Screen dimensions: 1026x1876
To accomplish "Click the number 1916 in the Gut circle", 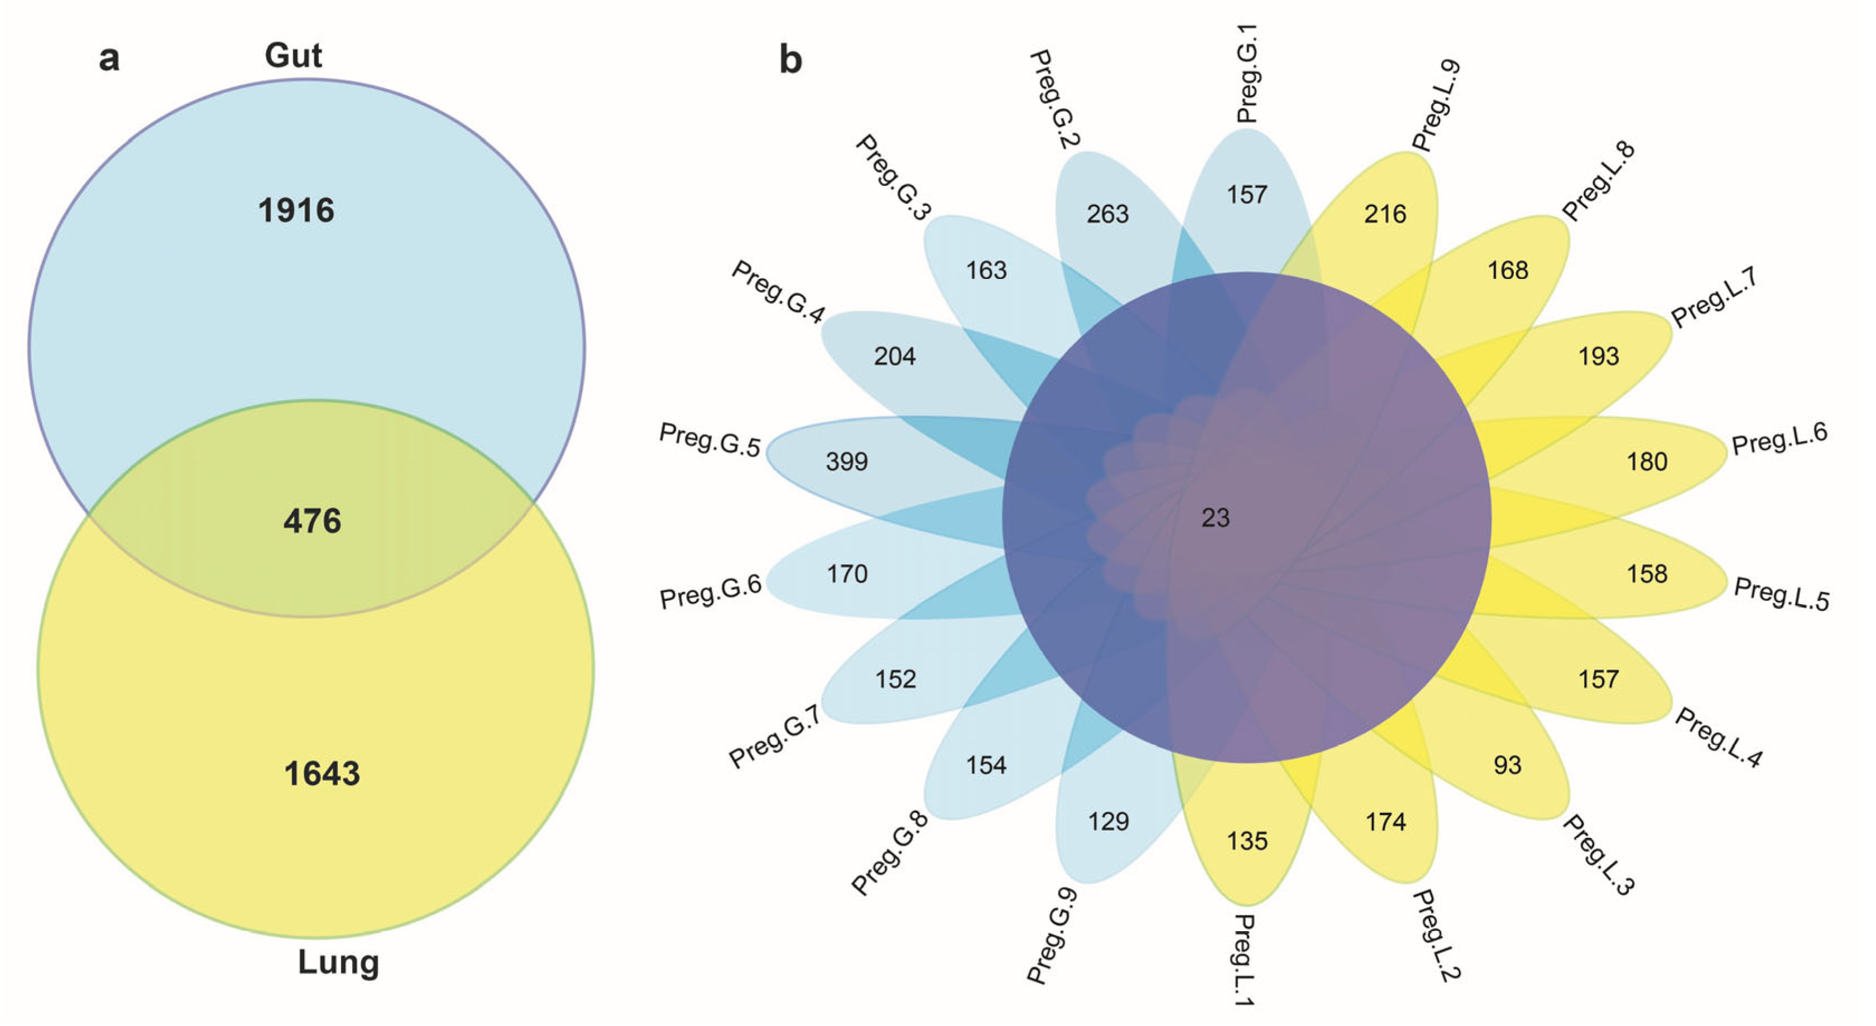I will click(x=296, y=210).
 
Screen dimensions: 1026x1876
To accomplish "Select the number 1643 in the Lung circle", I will click(x=322, y=773).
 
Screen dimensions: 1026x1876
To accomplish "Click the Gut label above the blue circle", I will click(x=293, y=55).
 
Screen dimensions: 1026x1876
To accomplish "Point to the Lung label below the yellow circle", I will click(x=339, y=962).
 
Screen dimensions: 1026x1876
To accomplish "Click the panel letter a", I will click(x=109, y=58).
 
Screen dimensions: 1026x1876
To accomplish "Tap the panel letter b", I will click(x=791, y=58).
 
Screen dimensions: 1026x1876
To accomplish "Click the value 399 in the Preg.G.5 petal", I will click(x=847, y=461).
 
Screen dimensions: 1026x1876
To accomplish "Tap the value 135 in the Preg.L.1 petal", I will click(x=1248, y=841).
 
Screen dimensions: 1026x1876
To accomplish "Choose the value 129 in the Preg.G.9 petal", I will click(x=1109, y=821).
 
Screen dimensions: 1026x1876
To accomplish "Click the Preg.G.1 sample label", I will click(x=1247, y=73).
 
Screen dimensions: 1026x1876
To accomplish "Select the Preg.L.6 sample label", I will click(x=1779, y=439).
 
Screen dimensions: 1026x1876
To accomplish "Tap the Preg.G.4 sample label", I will click(x=778, y=291).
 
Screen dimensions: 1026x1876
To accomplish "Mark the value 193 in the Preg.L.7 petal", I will click(x=1599, y=356).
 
